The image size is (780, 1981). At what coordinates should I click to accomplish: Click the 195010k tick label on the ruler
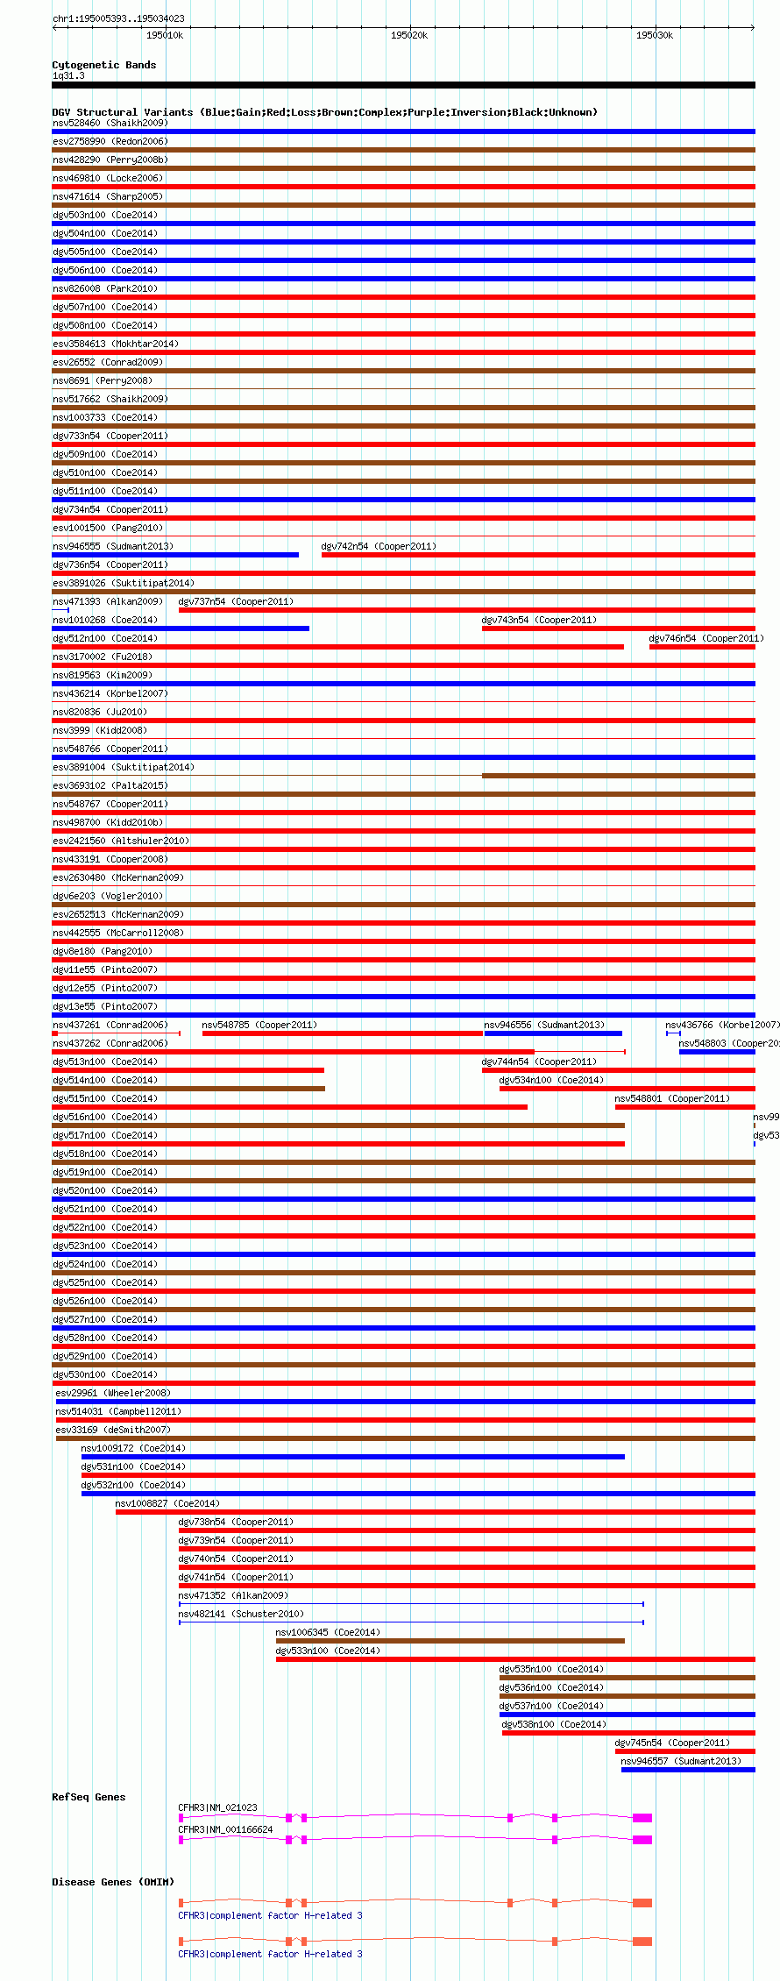click(x=165, y=35)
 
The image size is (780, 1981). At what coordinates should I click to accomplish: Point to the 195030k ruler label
click(x=654, y=35)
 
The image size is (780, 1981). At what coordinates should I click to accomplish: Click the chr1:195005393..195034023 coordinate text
click(x=118, y=18)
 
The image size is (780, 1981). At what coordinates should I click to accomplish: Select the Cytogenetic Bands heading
click(x=103, y=65)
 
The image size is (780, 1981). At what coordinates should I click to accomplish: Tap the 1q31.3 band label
click(x=68, y=76)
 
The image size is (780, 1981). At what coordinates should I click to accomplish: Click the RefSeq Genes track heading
click(x=89, y=1797)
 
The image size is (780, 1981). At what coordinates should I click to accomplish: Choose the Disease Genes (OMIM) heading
click(x=113, y=1882)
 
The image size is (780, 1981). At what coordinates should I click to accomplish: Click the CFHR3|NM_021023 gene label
click(x=217, y=1807)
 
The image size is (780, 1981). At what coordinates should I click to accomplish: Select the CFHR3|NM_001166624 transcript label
click(x=225, y=1829)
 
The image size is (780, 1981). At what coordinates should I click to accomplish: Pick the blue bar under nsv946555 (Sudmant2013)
click(x=175, y=555)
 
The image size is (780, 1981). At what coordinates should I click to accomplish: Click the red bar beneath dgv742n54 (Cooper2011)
click(x=538, y=555)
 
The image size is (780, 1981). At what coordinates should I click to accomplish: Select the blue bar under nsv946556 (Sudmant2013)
click(x=553, y=1033)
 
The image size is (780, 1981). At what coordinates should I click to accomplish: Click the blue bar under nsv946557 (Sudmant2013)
click(x=688, y=1770)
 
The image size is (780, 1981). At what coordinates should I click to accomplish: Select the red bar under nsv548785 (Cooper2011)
click(x=342, y=1033)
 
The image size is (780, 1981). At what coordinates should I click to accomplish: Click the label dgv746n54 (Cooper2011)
click(x=706, y=638)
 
